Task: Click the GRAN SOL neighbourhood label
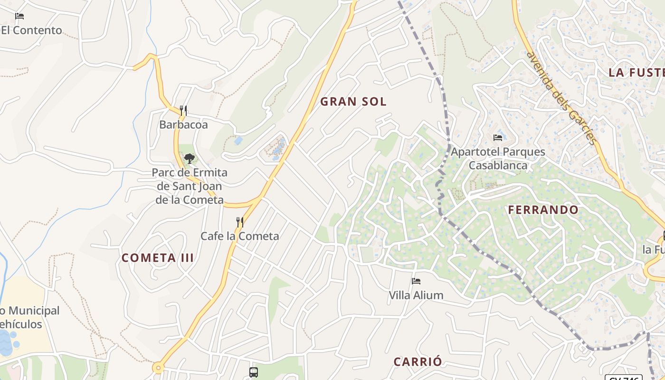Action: [x=353, y=101]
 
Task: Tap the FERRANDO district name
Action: [x=543, y=209]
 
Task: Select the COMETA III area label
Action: [x=158, y=258]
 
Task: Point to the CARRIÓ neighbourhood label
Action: [x=418, y=361]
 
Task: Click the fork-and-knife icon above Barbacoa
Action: [x=183, y=111]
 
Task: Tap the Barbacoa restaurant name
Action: [x=183, y=124]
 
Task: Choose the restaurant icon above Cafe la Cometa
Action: [x=240, y=222]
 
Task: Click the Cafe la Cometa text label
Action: [x=240, y=236]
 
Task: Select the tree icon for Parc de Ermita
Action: [x=190, y=158]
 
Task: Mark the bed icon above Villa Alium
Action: [x=416, y=281]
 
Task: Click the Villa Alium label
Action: [x=416, y=295]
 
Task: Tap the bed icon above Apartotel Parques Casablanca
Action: [x=498, y=138]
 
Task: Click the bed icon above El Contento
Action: [x=19, y=16]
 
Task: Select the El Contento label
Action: [x=31, y=30]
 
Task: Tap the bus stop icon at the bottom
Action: [x=254, y=372]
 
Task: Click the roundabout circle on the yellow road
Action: [x=158, y=368]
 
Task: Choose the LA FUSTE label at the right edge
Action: [x=636, y=72]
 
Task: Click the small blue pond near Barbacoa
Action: [x=238, y=141]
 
